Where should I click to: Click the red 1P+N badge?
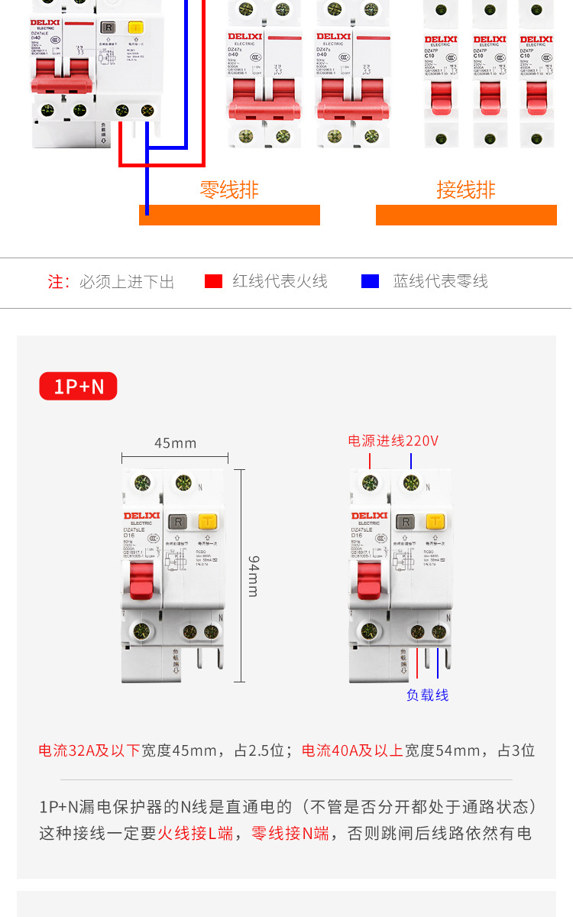[79, 387]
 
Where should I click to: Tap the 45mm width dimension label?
[175, 443]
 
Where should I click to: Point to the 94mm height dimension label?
[254, 575]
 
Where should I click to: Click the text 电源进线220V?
[393, 441]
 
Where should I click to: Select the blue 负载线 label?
[427, 695]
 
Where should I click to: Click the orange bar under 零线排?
[229, 215]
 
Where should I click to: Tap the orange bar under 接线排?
[465, 215]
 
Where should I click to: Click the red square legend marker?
[213, 281]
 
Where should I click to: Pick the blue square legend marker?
[370, 281]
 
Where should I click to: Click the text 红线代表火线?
[280, 281]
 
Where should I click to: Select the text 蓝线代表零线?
[440, 281]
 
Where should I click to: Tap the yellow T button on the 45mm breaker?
[207, 522]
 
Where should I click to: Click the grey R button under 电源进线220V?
[406, 522]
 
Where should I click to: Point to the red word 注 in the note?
[56, 282]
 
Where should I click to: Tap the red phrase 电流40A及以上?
[352, 750]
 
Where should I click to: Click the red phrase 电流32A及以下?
[89, 750]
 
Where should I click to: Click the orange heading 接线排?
[465, 190]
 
